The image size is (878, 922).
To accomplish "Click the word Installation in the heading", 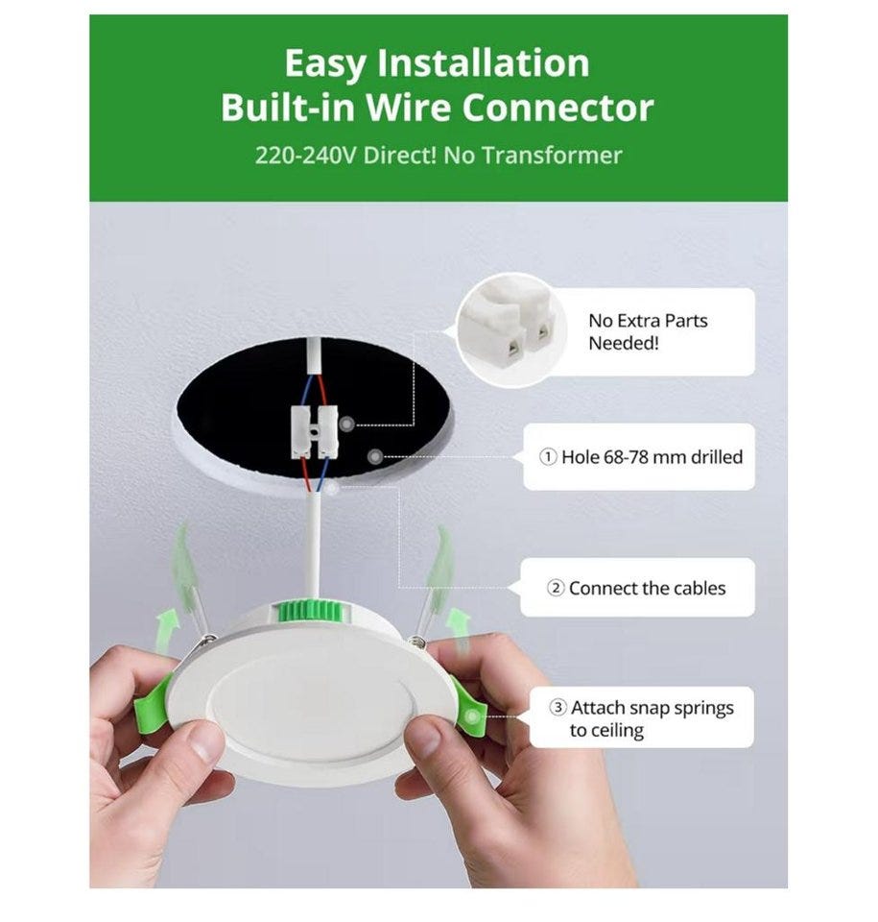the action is coord(483,63).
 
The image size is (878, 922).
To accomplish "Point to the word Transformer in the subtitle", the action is coord(552,156).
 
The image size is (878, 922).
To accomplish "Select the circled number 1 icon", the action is coord(548,457).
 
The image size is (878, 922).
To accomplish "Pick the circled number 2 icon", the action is coord(556,588).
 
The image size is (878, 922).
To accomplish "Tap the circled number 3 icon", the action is coord(558,708).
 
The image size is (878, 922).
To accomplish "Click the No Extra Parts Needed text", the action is coord(648,331).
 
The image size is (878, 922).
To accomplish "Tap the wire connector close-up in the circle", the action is coord(510,330).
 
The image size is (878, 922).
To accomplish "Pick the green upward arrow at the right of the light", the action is coord(458,630).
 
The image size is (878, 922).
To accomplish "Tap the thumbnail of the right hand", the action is coord(424,738).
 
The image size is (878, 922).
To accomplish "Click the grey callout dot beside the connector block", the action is coord(347,423).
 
